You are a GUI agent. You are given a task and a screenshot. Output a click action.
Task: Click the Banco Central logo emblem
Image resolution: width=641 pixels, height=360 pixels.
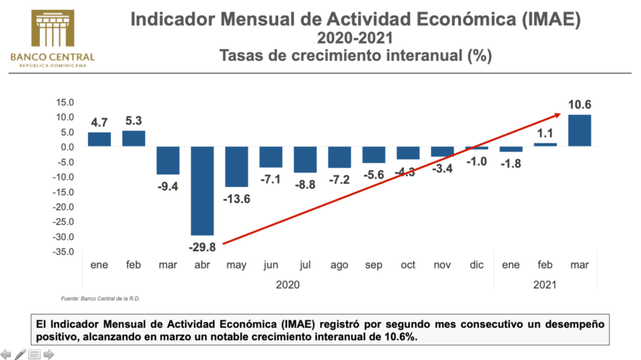[x=52, y=28]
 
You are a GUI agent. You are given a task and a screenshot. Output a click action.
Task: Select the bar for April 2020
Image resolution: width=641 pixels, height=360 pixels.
[x=202, y=191]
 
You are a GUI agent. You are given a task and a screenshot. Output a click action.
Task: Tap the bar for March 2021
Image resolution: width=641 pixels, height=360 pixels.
[x=580, y=130]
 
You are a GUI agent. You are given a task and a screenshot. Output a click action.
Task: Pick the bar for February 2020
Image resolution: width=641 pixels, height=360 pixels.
[x=133, y=138]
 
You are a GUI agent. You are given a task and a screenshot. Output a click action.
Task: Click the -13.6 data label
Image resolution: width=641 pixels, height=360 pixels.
[x=237, y=198]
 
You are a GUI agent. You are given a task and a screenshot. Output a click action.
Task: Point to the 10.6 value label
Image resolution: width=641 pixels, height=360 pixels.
[x=580, y=104]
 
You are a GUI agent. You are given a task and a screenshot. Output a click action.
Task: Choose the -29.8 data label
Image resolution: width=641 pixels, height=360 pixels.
[x=202, y=246]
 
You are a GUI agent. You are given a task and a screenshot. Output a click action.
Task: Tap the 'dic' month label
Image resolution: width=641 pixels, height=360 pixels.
[x=476, y=265]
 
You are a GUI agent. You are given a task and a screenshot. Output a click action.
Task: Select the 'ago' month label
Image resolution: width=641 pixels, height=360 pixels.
[x=339, y=265]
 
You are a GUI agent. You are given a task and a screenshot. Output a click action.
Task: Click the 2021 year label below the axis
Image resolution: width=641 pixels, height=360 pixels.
[x=545, y=284]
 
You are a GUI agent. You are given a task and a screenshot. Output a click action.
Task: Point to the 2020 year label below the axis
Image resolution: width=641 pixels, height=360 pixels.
[x=288, y=284]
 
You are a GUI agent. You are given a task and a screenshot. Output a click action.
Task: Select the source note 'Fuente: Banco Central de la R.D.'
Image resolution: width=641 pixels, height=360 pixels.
[x=100, y=299]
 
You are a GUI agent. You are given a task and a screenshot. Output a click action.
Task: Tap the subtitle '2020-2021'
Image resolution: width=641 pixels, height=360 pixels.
[x=355, y=39]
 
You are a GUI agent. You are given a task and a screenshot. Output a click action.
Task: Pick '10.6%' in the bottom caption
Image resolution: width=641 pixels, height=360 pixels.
[x=401, y=337]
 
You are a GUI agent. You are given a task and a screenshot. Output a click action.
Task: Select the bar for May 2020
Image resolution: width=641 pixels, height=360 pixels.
[x=237, y=167]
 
